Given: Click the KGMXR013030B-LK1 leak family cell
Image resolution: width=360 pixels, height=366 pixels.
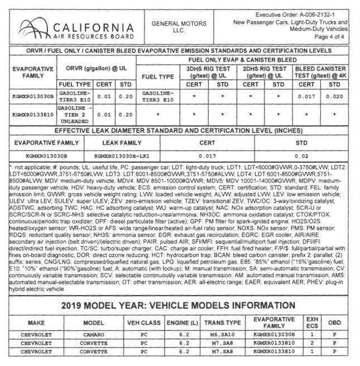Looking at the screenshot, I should click(x=123, y=156).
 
